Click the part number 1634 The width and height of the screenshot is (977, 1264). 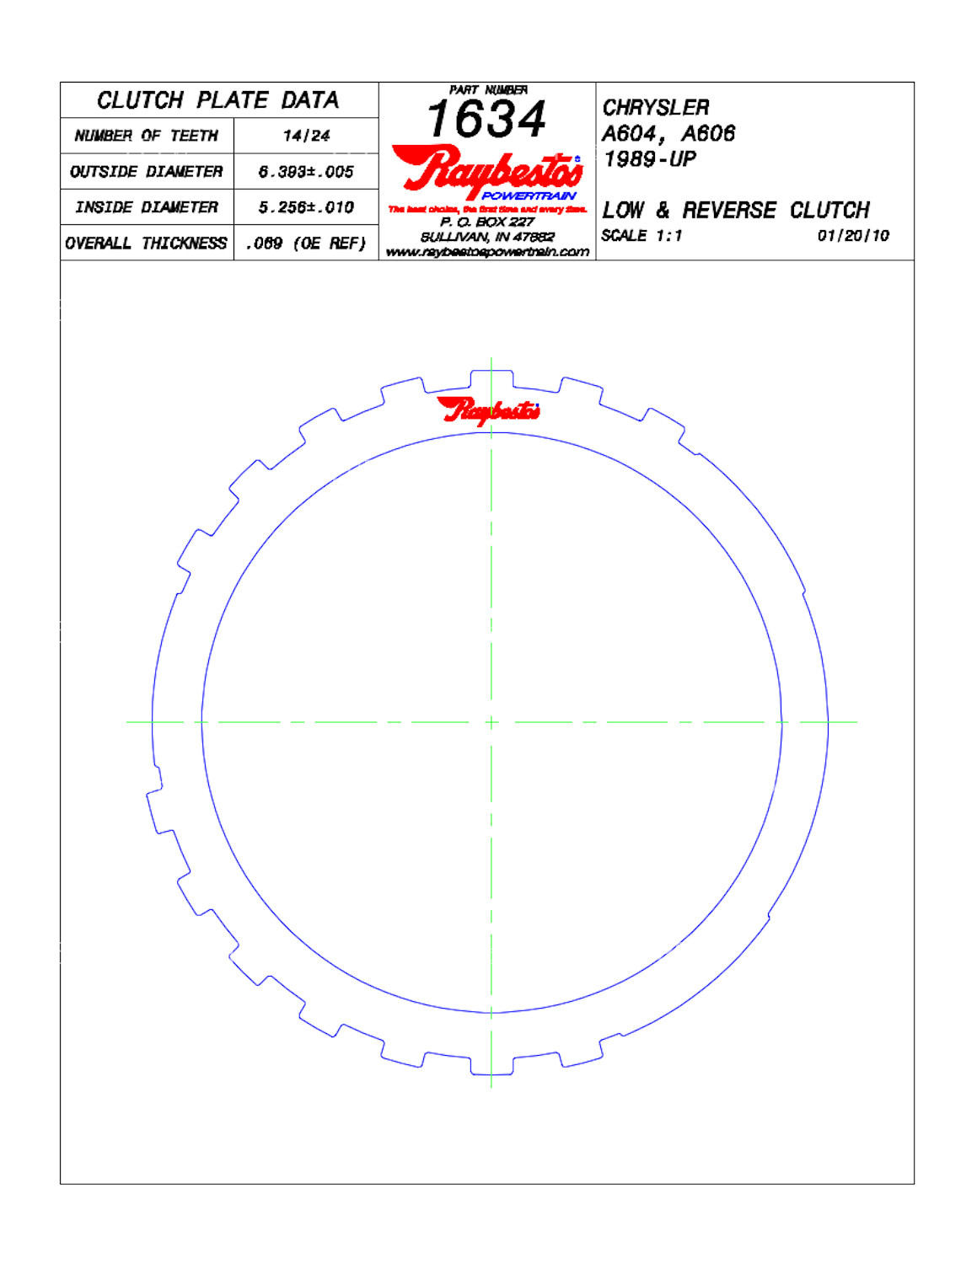[x=486, y=119]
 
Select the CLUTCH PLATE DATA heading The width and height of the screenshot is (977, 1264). [x=217, y=100]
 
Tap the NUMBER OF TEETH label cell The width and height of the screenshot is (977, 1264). [x=146, y=136]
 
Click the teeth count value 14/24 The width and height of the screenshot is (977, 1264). [x=306, y=136]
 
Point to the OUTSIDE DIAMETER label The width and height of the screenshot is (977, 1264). [x=146, y=172]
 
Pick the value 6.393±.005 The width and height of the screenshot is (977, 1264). [x=306, y=172]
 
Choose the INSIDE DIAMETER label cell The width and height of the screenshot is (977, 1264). [x=146, y=207]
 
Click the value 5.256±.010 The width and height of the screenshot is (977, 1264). [x=306, y=207]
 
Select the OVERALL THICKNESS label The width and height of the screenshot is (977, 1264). [x=146, y=244]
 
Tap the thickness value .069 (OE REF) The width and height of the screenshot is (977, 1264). [x=306, y=244]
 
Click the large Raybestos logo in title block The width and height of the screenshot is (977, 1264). [x=486, y=170]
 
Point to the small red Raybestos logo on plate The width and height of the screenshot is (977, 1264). [x=488, y=410]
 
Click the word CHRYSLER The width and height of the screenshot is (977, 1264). [x=655, y=108]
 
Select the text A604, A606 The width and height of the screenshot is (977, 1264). [x=668, y=133]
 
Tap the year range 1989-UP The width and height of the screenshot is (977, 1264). [x=649, y=159]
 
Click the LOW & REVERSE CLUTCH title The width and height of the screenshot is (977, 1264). [x=735, y=210]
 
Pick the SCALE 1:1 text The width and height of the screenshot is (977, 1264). [x=641, y=236]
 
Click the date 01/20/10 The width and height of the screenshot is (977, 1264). [x=852, y=236]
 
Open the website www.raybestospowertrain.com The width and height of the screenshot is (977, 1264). [x=487, y=252]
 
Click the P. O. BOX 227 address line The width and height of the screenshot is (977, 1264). [x=487, y=222]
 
